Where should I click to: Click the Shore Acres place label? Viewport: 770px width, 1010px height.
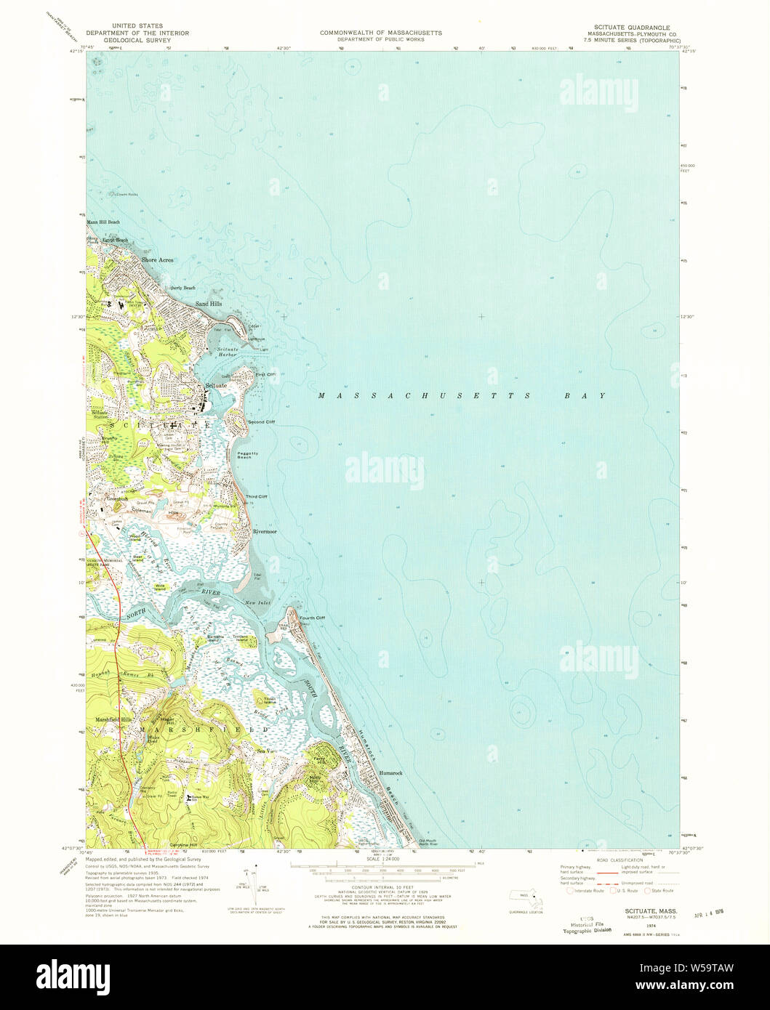point(158,259)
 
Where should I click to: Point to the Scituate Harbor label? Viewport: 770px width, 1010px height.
point(231,352)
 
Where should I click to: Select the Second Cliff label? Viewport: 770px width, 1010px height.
point(261,422)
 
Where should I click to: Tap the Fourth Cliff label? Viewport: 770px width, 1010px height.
point(312,618)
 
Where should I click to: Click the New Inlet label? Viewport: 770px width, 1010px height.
point(258,603)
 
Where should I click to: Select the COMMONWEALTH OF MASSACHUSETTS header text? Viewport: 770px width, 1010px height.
point(380,33)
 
